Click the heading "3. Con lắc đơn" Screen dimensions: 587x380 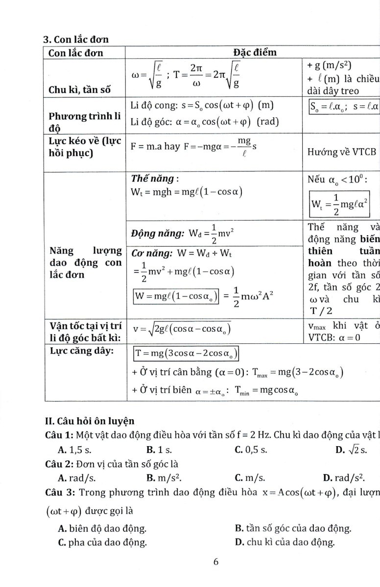(76, 40)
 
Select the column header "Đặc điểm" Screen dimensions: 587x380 (255, 52)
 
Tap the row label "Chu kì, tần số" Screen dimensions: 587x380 (79, 90)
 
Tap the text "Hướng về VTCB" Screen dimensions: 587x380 (341, 152)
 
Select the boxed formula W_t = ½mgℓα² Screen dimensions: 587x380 (340, 205)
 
